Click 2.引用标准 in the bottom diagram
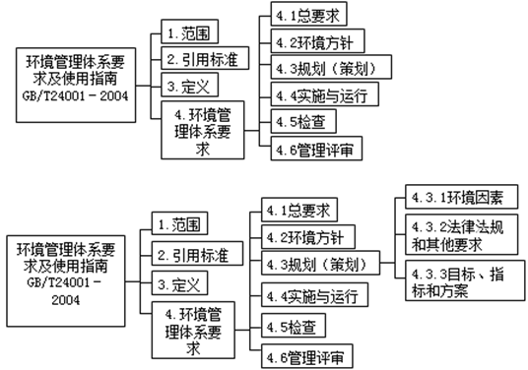click(x=193, y=256)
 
